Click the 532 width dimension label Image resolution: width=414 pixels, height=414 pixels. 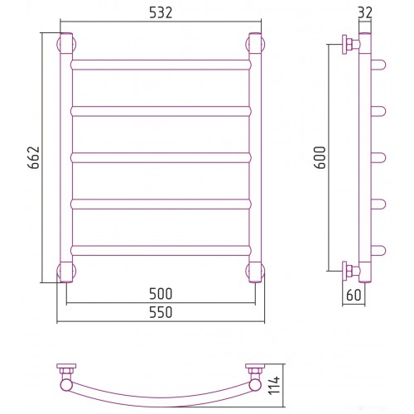[161, 12]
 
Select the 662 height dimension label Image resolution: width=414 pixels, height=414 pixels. [35, 157]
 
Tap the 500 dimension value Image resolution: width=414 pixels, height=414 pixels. [161, 294]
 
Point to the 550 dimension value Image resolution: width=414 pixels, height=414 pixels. [161, 312]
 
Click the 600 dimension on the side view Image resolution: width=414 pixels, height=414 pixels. [320, 157]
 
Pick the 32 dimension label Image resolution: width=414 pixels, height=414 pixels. [365, 12]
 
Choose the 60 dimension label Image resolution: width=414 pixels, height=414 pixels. [354, 295]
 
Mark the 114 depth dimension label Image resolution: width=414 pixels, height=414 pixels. [274, 386]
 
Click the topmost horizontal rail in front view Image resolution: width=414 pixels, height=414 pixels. [161, 65]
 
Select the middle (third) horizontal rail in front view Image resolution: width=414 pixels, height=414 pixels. [161, 157]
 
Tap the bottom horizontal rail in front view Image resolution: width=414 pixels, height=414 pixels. [161, 251]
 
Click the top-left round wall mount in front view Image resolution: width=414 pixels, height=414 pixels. [66, 44]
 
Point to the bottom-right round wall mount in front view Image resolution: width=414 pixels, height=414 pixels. [255, 271]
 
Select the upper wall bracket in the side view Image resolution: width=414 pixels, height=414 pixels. [350, 44]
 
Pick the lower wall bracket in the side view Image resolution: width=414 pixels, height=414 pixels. [350, 271]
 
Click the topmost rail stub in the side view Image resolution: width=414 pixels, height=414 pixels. [378, 65]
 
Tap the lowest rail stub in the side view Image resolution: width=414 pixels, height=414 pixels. [378, 251]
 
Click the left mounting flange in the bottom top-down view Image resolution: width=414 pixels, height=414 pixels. [66, 366]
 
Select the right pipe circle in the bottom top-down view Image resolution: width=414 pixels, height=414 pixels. [255, 385]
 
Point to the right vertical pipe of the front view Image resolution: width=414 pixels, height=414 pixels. [255, 157]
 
